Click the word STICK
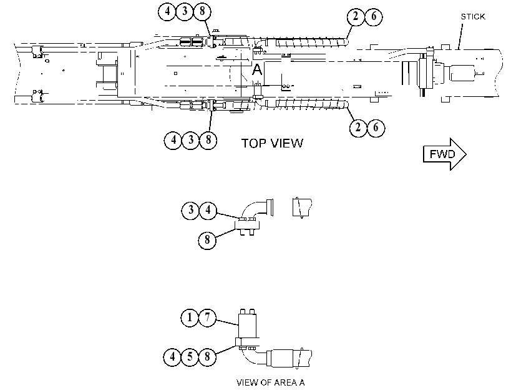(x=473, y=16)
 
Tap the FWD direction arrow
(x=445, y=154)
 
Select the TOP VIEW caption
(x=273, y=143)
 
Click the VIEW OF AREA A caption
(x=270, y=382)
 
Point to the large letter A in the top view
(x=257, y=69)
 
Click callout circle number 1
(x=190, y=317)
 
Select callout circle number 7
(x=207, y=317)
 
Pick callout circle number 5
(x=190, y=356)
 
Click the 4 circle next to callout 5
(x=172, y=356)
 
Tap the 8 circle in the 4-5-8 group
(x=207, y=356)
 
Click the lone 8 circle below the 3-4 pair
(x=207, y=240)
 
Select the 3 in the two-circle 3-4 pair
(x=190, y=210)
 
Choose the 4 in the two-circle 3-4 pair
(x=208, y=210)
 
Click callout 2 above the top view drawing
(x=356, y=16)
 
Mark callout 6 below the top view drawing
(x=376, y=127)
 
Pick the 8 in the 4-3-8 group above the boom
(x=202, y=11)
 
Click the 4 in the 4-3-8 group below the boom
(x=173, y=140)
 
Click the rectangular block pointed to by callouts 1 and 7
(x=247, y=326)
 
